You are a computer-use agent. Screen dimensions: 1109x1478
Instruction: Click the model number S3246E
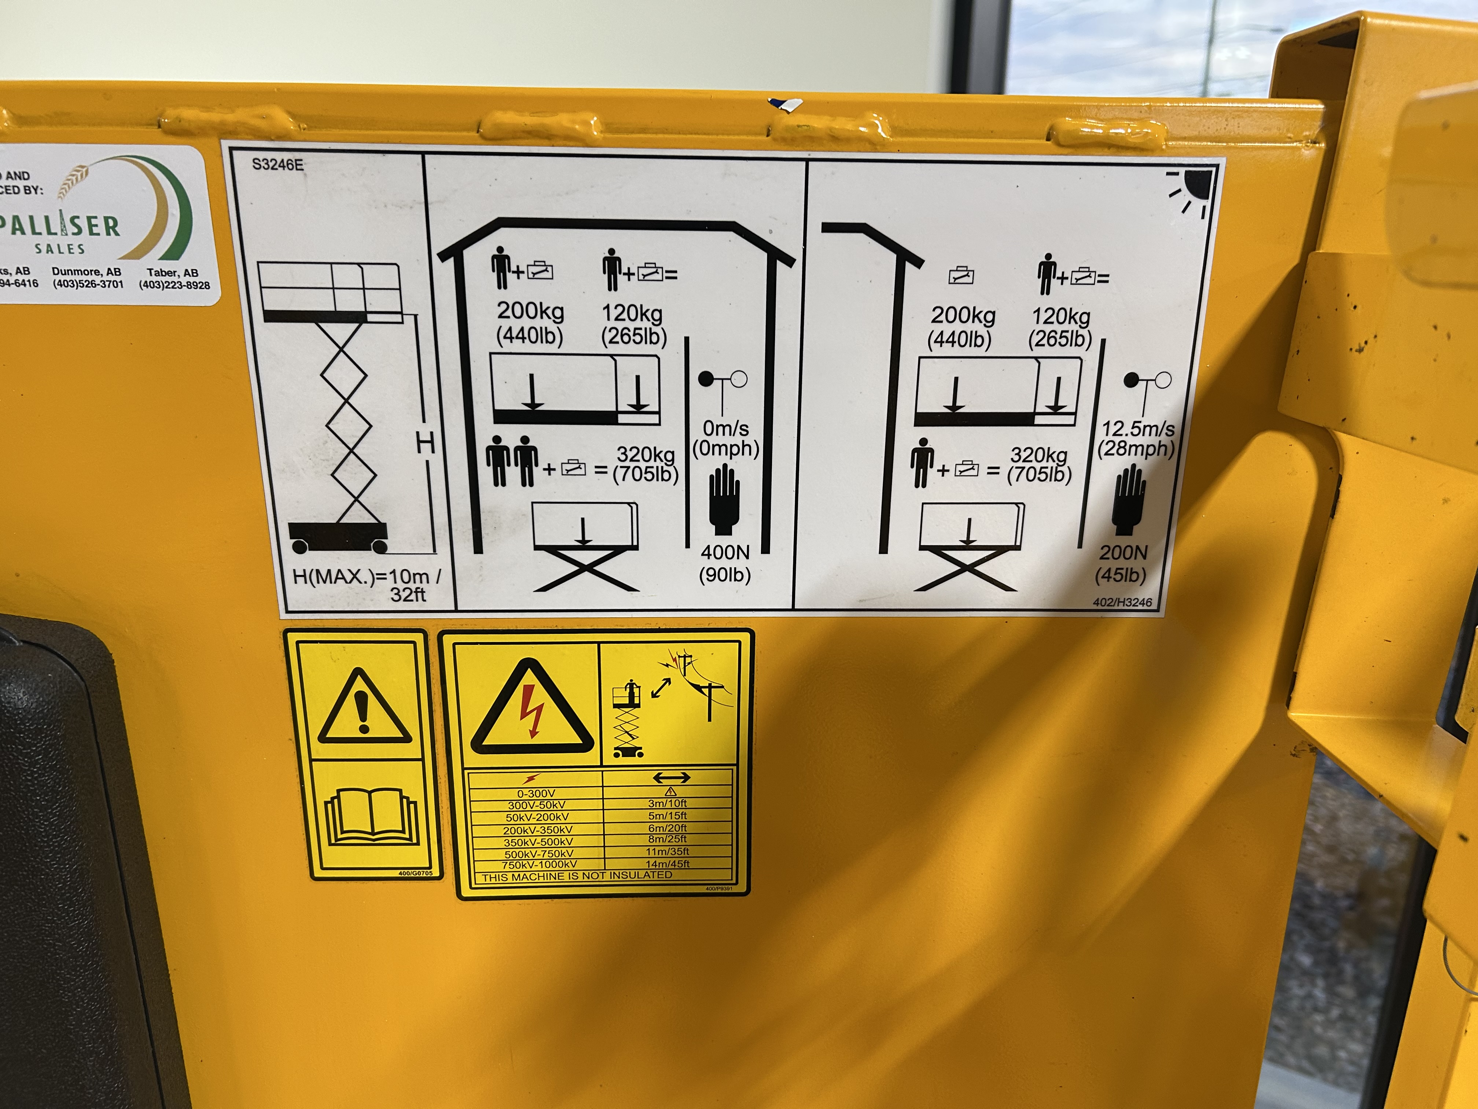click(x=277, y=164)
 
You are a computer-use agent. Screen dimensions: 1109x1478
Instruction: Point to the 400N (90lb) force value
click(x=725, y=563)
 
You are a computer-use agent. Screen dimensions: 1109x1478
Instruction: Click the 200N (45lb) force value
click(x=1122, y=563)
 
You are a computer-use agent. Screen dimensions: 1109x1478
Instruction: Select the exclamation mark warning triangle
click(x=364, y=709)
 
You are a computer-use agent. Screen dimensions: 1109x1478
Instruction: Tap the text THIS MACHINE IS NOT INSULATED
click(x=577, y=876)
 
